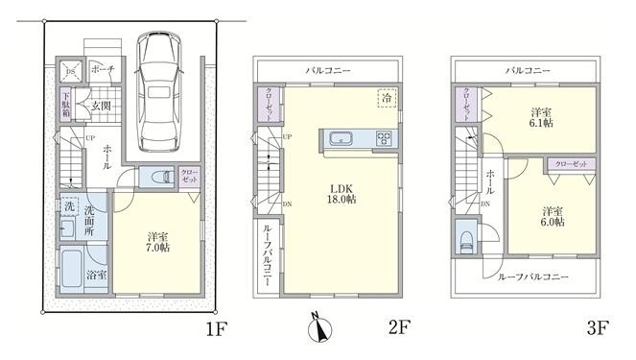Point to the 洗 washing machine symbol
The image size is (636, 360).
(x=69, y=205)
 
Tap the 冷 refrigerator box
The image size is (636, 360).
(x=387, y=98)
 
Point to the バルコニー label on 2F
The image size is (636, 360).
(x=328, y=70)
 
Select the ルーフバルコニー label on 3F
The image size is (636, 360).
(x=533, y=276)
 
